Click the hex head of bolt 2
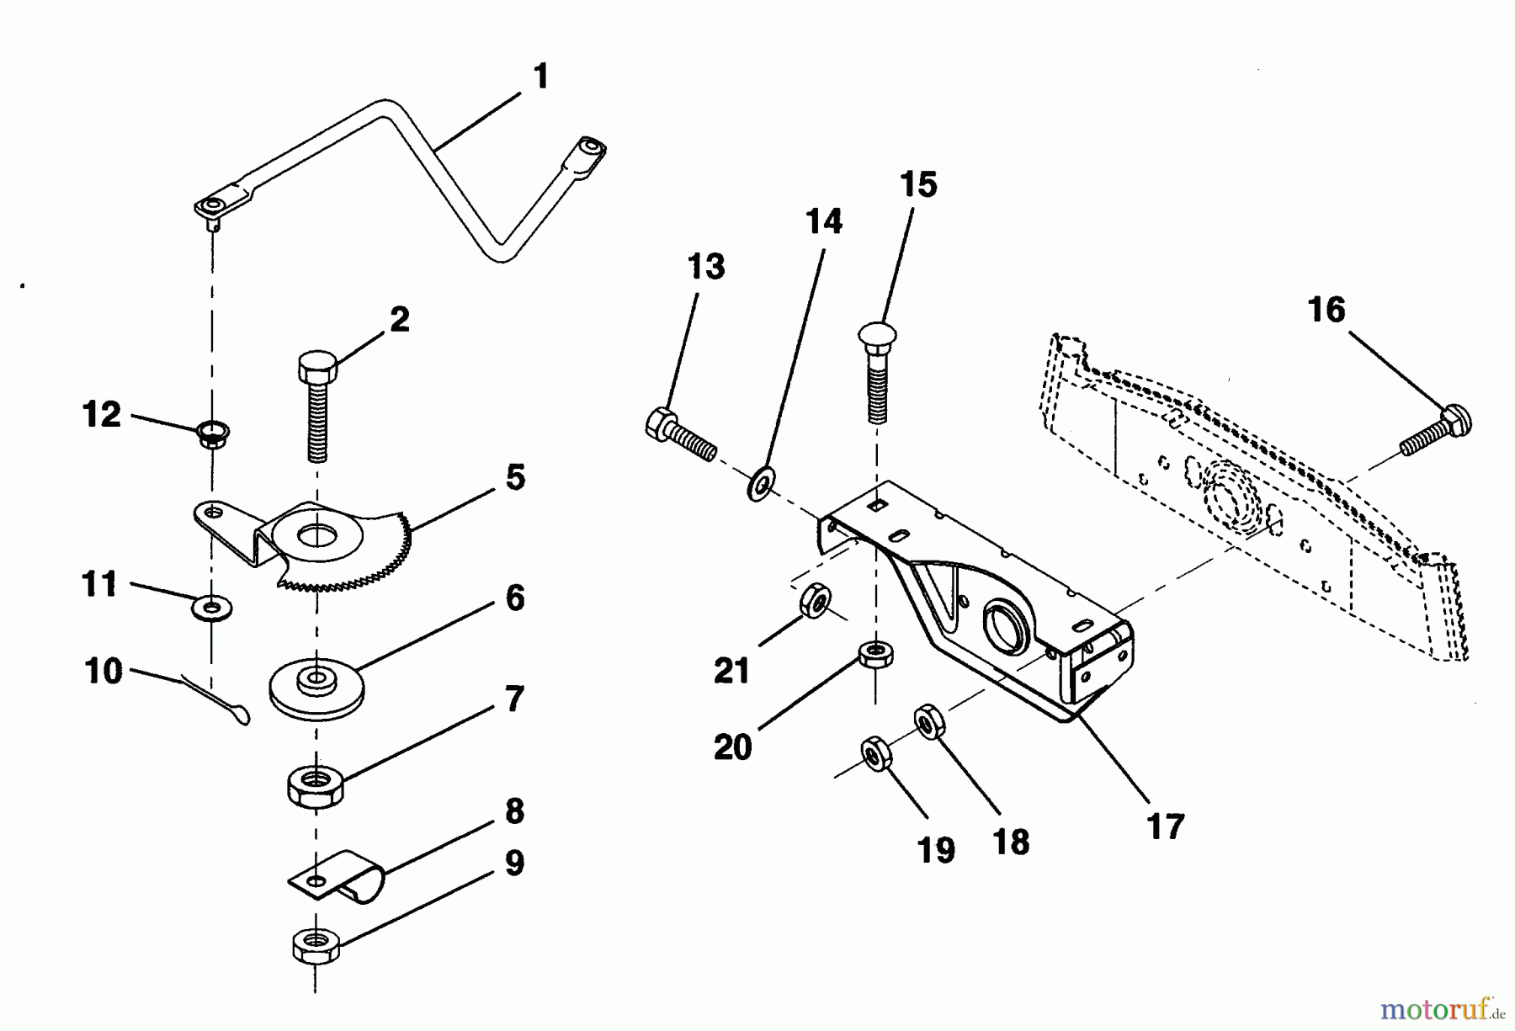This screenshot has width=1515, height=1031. pyautogui.click(x=317, y=368)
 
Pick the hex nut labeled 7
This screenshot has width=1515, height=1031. pyautogui.click(x=316, y=784)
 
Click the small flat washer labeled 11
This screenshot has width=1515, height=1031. pyautogui.click(x=212, y=605)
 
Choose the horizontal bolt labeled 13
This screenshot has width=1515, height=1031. pyautogui.click(x=680, y=433)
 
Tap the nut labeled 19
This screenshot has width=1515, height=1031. pyautogui.click(x=875, y=752)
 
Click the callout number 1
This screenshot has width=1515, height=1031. pyautogui.click(x=541, y=77)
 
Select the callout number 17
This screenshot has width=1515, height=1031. pyautogui.click(x=1166, y=826)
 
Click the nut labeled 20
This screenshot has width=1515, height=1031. pyautogui.click(x=875, y=653)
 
